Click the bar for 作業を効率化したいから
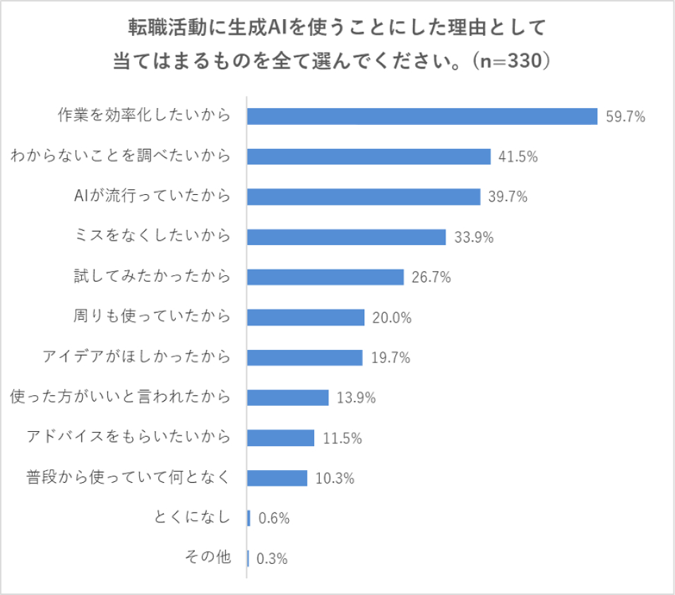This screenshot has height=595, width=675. tap(422, 116)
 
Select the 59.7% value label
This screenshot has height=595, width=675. tap(626, 117)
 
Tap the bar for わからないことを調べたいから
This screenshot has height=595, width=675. tap(369, 157)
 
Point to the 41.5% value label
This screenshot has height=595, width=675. tap(518, 157)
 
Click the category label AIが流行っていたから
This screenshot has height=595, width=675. tap(152, 196)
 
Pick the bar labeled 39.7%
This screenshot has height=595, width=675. tap(364, 197)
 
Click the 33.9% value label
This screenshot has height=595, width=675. tap(474, 237)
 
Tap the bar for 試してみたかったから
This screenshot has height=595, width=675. tap(325, 277)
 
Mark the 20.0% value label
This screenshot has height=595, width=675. tap(392, 318)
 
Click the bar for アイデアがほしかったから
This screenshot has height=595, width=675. tap(305, 357)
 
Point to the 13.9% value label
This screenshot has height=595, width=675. tap(356, 398)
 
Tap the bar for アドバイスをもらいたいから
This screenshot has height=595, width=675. tap(281, 438)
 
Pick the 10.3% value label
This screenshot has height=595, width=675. tap(335, 479)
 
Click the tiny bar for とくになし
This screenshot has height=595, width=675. tap(249, 518)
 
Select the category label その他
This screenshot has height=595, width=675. tap(208, 558)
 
